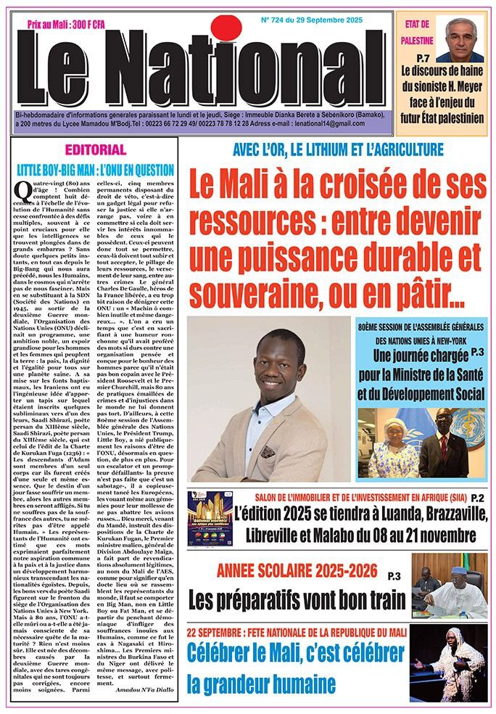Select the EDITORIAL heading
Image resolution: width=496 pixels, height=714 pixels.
[x=95, y=150]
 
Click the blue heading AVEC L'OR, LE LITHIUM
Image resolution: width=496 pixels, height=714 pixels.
[x=337, y=151]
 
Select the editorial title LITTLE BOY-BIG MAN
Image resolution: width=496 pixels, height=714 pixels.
[x=95, y=171]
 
